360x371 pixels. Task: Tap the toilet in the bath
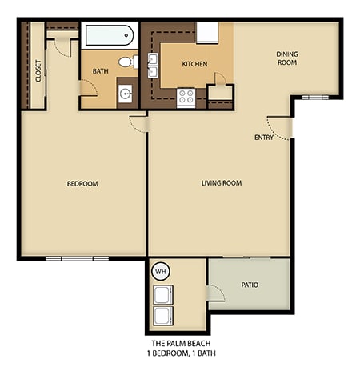click(x=126, y=61)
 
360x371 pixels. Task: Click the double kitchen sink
click(x=153, y=68)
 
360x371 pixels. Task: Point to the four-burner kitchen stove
click(x=186, y=97)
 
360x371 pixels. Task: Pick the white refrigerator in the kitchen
click(x=206, y=34)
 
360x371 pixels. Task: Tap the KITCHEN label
click(x=195, y=63)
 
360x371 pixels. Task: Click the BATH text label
click(x=100, y=71)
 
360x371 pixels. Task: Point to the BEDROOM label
click(x=82, y=184)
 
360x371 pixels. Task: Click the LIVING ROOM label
click(x=221, y=183)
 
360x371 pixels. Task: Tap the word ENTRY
click(x=263, y=138)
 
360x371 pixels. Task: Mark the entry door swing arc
click(x=280, y=126)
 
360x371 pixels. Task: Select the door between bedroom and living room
click(x=138, y=122)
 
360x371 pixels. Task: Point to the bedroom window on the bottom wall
click(x=77, y=258)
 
